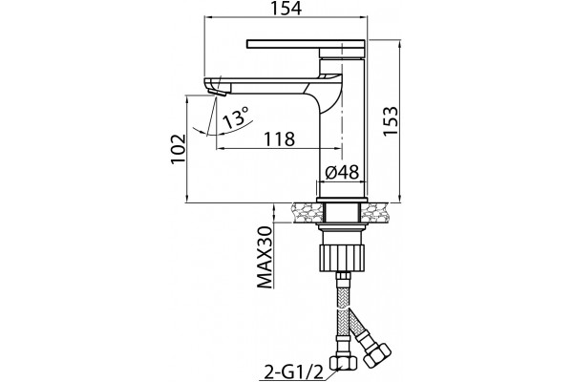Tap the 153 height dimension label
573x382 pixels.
click(391, 121)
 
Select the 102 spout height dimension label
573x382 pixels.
click(179, 149)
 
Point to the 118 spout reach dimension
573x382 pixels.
click(279, 138)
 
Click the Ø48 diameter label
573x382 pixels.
click(342, 172)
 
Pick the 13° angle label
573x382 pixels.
click(236, 117)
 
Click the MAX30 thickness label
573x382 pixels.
click(265, 257)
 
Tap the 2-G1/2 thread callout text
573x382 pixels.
click(293, 372)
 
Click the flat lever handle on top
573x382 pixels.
click(306, 44)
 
